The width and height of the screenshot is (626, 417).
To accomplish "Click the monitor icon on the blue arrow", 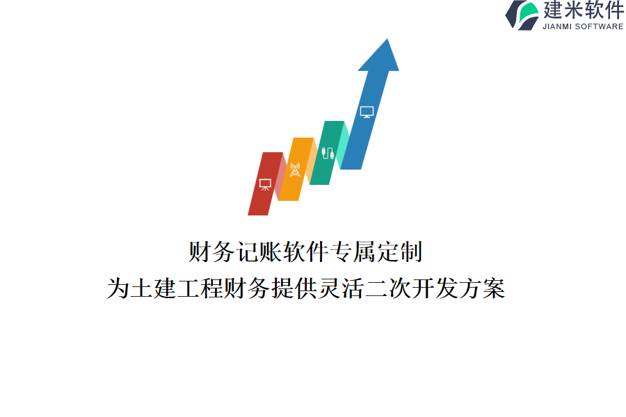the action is tap(367, 112).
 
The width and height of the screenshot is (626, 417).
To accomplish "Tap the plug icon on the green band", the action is tap(328, 153).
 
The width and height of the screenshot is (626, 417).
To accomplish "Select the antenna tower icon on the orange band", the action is tap(295, 170).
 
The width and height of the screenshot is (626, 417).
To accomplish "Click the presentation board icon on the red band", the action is tap(265, 185).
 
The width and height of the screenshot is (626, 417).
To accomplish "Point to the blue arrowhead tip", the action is tap(387, 39).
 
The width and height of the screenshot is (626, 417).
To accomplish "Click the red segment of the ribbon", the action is tap(266, 184).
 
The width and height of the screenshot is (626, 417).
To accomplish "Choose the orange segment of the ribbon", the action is tap(296, 169).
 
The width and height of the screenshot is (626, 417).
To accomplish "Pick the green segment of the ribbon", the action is tap(327, 153).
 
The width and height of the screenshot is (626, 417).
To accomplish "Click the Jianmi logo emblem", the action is tap(522, 15).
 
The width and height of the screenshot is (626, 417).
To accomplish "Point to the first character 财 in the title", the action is tap(200, 252).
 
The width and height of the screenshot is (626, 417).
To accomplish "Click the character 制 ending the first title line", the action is tap(411, 252).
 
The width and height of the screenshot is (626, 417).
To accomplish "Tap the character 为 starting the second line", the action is tap(118, 288).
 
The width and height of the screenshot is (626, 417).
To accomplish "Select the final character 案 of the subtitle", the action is tap(494, 288).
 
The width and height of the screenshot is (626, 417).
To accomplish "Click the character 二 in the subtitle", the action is tap(376, 288).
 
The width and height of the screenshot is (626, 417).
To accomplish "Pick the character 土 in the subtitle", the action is tap(142, 288).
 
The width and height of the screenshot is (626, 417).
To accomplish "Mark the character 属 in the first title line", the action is tap(364, 252).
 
